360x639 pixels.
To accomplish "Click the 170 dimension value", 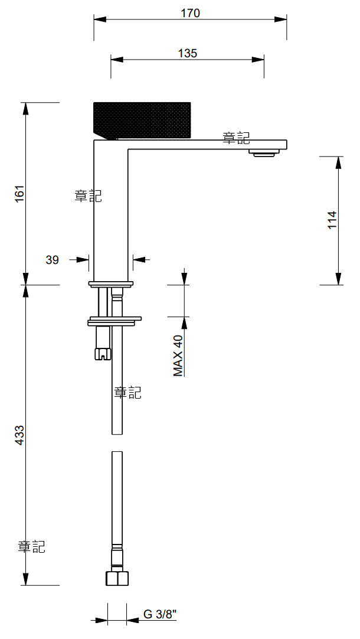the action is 190,14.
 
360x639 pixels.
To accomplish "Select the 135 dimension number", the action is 187,53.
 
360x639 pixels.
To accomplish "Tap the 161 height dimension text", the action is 19,193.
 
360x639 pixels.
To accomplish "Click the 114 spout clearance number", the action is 332,220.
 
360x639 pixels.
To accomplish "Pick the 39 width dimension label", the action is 52,260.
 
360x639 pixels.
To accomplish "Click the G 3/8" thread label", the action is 159,614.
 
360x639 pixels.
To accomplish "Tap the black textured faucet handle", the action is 142,120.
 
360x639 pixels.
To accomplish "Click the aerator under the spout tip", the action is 265,153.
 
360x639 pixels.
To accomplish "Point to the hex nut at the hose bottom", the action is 117,578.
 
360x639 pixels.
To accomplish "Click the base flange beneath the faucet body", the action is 111,284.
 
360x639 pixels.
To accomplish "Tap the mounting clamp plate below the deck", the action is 114,321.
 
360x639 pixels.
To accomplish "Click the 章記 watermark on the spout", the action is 236,138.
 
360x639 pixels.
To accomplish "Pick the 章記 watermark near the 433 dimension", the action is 32,547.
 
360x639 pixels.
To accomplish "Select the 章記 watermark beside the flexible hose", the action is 128,393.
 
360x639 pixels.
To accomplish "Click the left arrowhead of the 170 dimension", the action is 100,19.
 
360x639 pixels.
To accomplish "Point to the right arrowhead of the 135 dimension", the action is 258,60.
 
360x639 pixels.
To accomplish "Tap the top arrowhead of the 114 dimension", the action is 338,162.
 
